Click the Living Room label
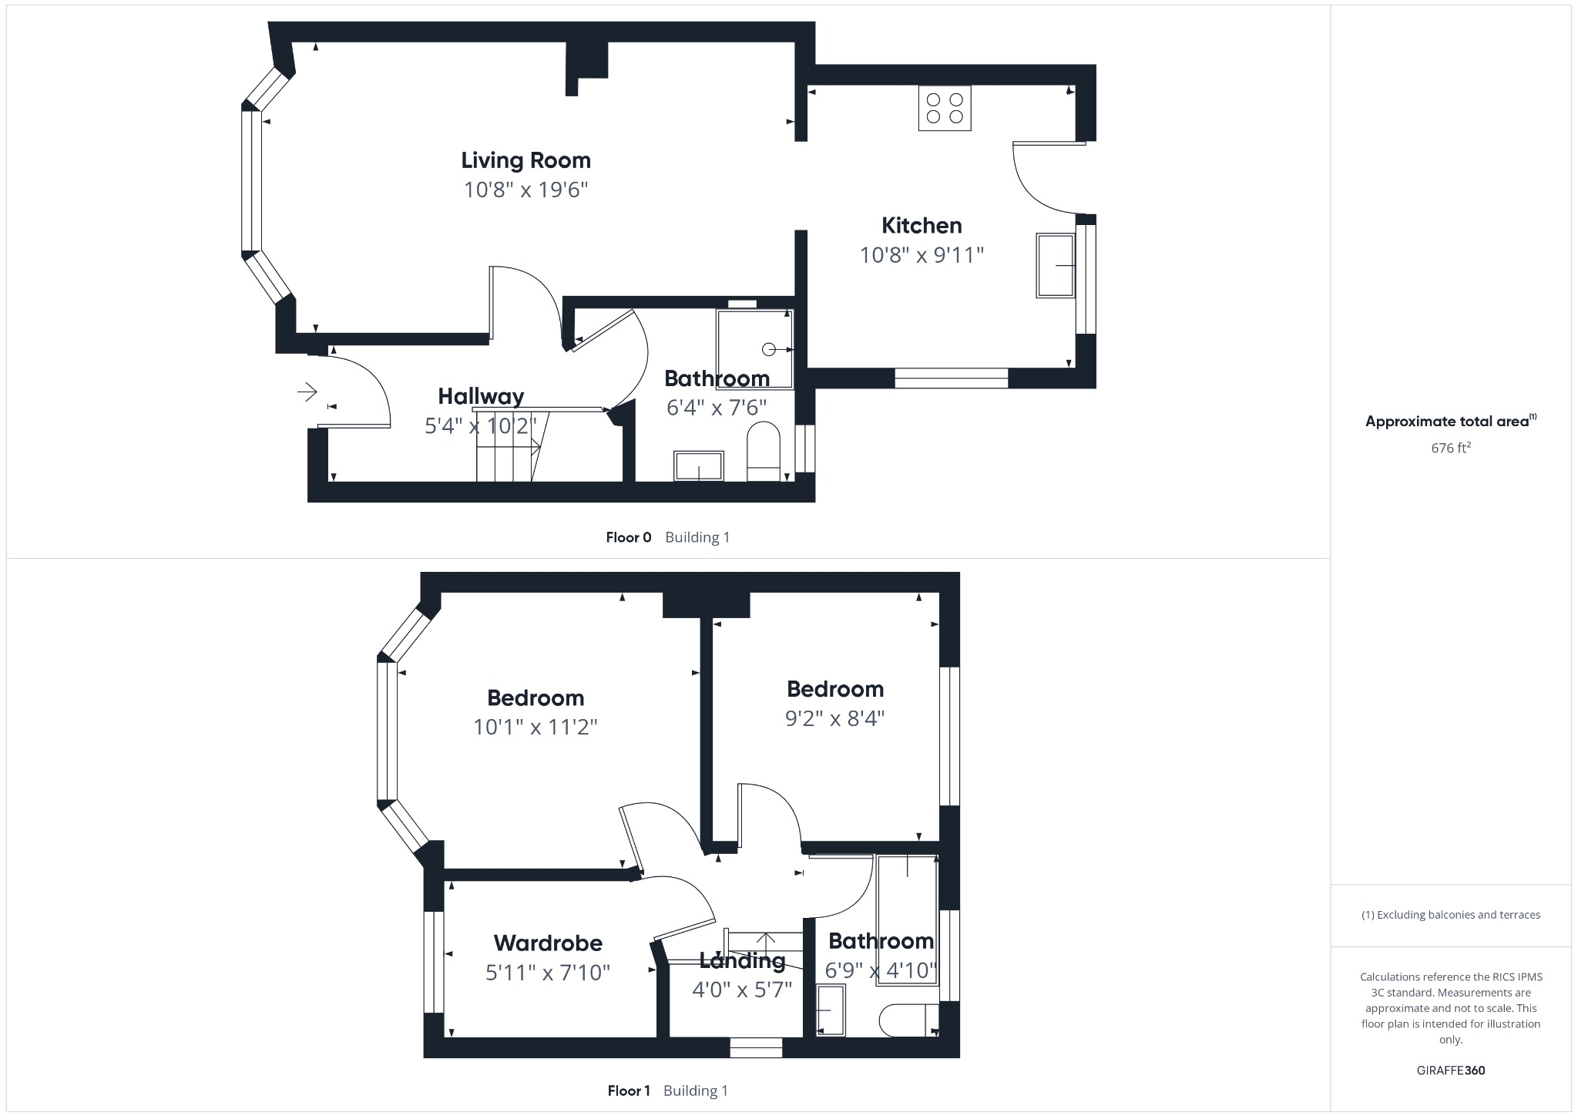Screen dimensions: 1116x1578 point(525,160)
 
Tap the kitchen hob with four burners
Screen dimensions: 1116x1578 point(945,109)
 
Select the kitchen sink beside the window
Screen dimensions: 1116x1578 point(1056,265)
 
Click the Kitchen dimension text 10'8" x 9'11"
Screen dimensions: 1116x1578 point(922,255)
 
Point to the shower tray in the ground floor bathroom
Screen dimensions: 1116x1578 point(754,349)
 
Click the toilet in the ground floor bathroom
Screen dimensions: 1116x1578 point(764,452)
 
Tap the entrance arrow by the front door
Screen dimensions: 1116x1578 point(307,392)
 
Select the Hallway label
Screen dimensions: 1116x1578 point(481,396)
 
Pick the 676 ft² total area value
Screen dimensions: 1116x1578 point(1450,448)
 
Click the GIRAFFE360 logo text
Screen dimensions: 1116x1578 point(1450,1070)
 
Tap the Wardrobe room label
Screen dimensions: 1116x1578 point(548,943)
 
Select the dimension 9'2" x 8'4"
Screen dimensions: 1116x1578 point(834,718)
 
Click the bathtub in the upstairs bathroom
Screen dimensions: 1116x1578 point(907,919)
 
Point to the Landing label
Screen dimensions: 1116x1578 point(741,960)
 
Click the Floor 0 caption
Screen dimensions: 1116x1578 point(628,537)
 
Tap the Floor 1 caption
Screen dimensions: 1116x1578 point(629,1091)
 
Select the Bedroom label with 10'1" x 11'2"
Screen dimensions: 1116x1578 point(536,697)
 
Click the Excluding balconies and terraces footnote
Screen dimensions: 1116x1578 point(1450,915)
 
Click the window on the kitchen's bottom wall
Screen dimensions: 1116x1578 point(951,378)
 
